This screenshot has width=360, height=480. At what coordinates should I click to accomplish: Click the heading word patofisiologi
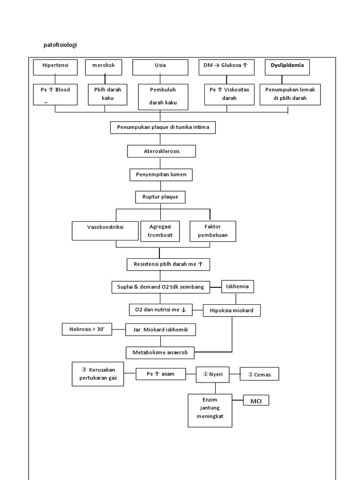click(x=60, y=45)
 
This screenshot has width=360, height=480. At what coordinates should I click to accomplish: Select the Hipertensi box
click(x=55, y=67)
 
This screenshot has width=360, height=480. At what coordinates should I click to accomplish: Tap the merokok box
click(x=103, y=67)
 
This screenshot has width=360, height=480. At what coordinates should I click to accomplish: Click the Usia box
click(x=160, y=67)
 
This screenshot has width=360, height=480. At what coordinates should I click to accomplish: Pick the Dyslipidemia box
click(x=287, y=67)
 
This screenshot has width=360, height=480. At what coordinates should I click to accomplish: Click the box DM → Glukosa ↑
click(x=226, y=67)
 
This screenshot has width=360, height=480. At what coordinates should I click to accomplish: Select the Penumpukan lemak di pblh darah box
click(x=290, y=94)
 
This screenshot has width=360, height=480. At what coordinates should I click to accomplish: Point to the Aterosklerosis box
click(x=161, y=151)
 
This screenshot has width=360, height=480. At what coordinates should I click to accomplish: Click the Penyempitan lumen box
click(x=161, y=175)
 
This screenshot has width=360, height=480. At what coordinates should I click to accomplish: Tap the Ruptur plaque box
click(x=160, y=197)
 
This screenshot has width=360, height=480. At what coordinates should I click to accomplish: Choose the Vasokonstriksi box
click(x=105, y=231)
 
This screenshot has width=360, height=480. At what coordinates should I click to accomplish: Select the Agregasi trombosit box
click(x=160, y=231)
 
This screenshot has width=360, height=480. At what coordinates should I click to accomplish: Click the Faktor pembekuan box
click(x=213, y=231)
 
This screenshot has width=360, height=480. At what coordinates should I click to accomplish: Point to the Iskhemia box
click(x=238, y=286)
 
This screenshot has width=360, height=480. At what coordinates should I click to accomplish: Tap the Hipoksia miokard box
click(x=231, y=310)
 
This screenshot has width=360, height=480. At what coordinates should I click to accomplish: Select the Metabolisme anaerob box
click(x=160, y=352)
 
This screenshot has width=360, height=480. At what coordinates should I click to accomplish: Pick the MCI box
click(x=256, y=401)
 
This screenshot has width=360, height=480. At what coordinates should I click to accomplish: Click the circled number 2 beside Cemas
click(x=250, y=374)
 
